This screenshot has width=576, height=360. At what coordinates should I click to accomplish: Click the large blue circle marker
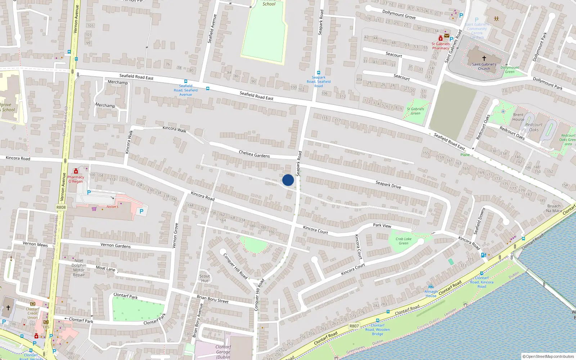(x=288, y=180)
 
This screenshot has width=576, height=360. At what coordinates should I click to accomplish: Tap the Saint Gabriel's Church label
(x=484, y=67)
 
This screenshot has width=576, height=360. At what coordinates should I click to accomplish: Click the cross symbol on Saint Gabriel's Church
(x=484, y=58)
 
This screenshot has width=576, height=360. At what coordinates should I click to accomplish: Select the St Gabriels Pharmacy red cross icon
(x=440, y=38)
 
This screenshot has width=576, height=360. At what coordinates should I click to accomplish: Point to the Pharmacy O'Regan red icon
(x=76, y=171)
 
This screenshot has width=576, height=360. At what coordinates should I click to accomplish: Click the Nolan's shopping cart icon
(x=94, y=208)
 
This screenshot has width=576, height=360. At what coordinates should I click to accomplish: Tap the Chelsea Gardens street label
(x=254, y=154)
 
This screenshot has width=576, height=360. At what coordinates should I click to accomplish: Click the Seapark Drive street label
(x=388, y=185)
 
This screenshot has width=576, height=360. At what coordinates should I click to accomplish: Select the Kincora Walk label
(x=174, y=129)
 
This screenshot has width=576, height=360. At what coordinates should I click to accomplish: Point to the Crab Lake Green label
(x=403, y=241)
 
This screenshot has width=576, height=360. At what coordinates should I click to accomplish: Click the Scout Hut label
(x=204, y=278)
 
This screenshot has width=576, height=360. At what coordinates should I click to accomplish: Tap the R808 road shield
(x=61, y=207)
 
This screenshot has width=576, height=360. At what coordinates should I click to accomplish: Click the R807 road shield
(x=354, y=326)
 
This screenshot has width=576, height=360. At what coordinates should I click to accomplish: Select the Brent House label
(x=518, y=117)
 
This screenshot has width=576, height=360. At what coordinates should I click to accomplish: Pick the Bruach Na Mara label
(x=554, y=208)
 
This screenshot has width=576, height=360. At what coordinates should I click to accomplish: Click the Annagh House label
(x=431, y=294)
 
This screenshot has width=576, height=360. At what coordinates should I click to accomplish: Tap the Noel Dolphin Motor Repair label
(x=79, y=267)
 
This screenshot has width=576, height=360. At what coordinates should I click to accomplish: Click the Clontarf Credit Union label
(x=32, y=313)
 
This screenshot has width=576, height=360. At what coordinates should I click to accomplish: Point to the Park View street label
(x=382, y=225)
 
